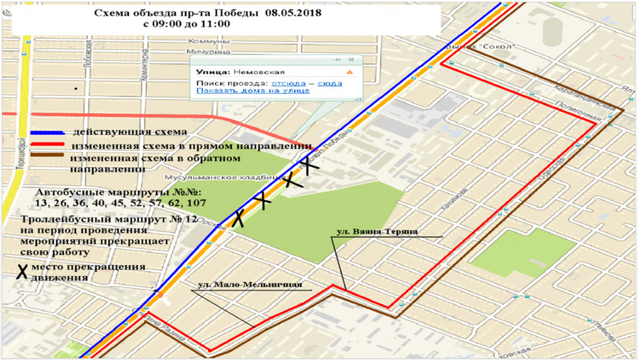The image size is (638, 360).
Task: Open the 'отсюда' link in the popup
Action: click(x=288, y=83)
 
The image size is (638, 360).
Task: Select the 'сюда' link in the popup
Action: click(x=330, y=83)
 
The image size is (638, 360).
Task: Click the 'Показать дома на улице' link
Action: click(x=253, y=91)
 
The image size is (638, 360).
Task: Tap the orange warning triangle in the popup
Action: click(x=349, y=71)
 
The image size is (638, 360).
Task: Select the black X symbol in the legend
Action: click(x=22, y=271)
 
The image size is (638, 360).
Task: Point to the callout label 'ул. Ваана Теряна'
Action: click(x=377, y=232)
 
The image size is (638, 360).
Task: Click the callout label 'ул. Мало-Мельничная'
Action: click(x=249, y=284)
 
